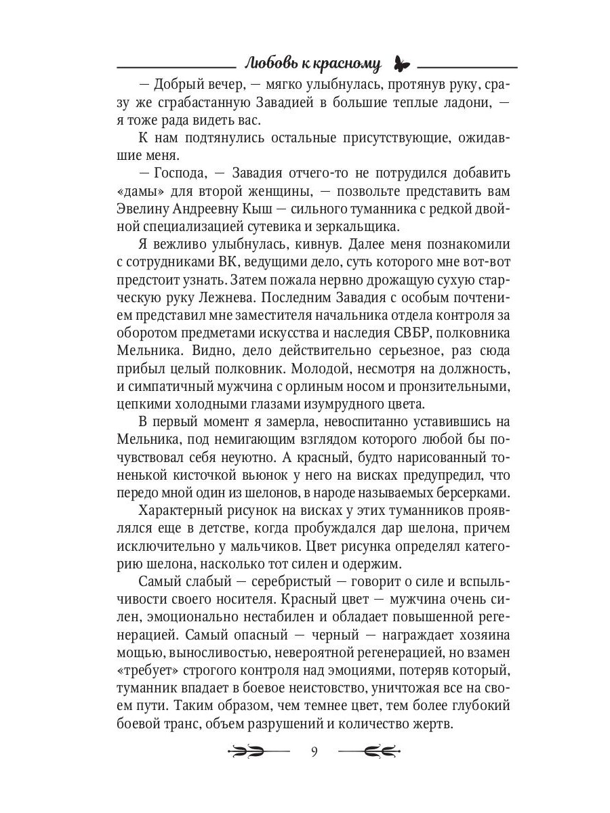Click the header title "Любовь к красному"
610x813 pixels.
312,64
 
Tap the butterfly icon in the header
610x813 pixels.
402,65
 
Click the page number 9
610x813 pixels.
314,751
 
